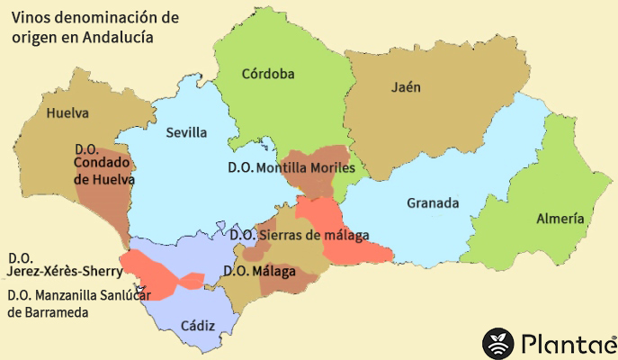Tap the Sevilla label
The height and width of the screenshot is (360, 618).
(x=186, y=133)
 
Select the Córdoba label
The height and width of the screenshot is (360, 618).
(x=268, y=74)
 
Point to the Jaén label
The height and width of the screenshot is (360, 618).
(x=407, y=87)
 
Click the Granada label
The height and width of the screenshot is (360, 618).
(x=433, y=202)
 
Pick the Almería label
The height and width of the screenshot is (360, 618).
(x=560, y=219)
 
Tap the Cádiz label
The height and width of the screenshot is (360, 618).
(x=198, y=325)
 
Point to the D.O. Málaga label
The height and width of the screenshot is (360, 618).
(x=259, y=271)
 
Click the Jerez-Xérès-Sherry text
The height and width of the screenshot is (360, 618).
(x=63, y=271)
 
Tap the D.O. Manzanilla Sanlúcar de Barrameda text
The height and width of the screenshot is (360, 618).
(x=62, y=303)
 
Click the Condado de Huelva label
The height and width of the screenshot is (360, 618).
(x=103, y=171)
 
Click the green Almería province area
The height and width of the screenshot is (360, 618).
(x=567, y=180)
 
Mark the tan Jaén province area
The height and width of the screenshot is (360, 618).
(x=432, y=126)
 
